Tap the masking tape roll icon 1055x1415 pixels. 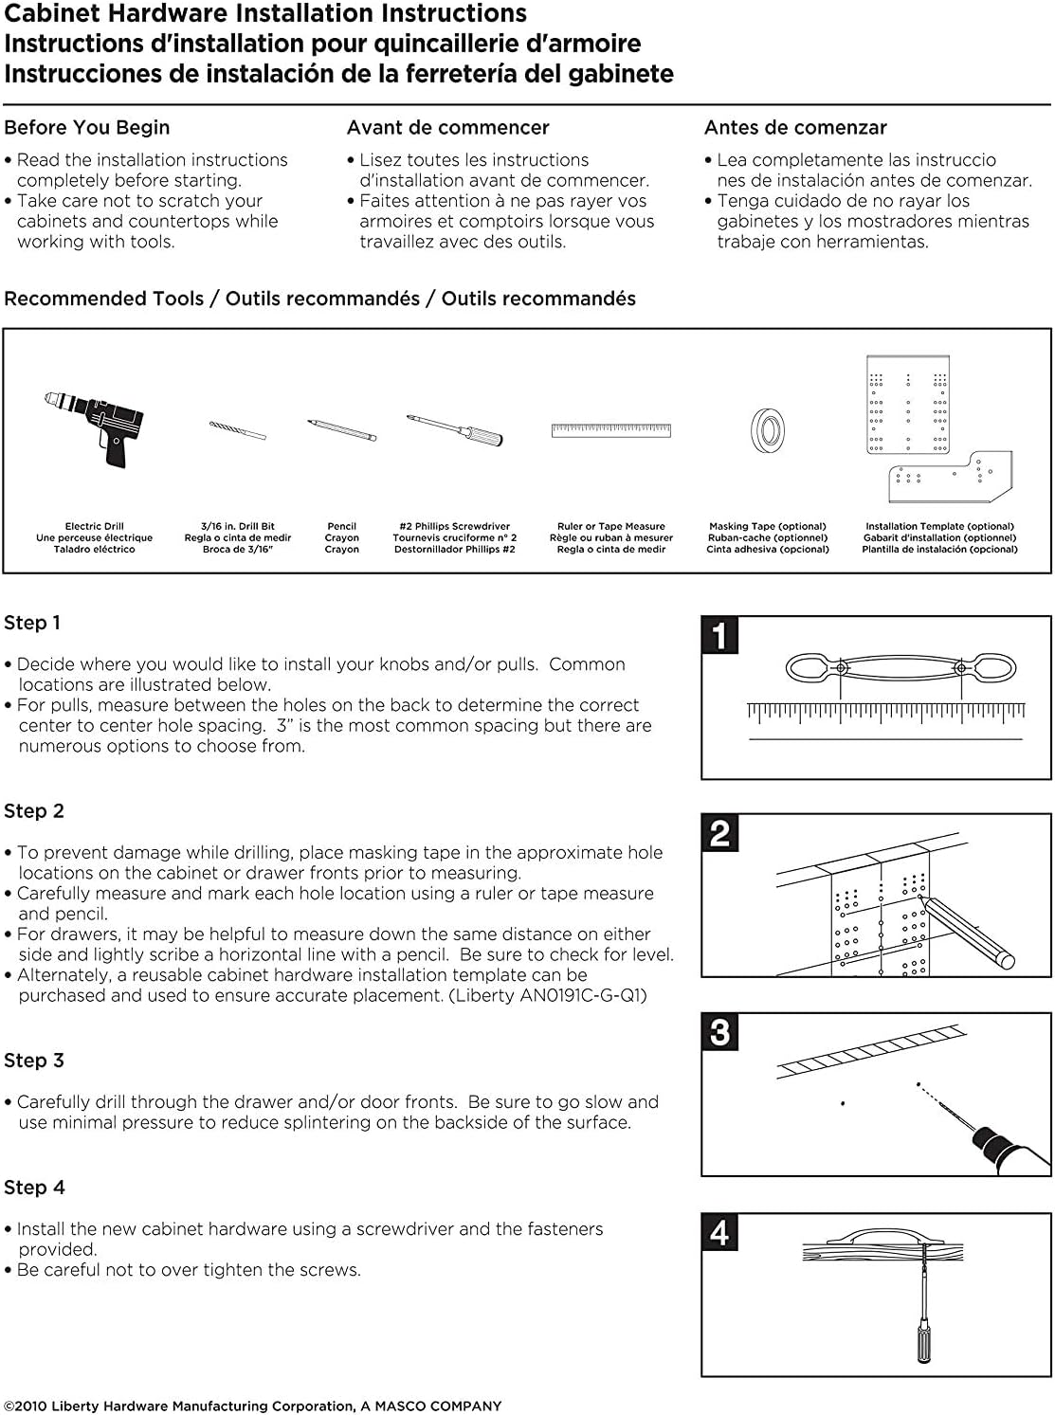pyautogui.click(x=767, y=430)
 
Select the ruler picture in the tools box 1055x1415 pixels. pyautogui.click(x=611, y=430)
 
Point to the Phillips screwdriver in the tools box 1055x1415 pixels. pyautogui.click(x=455, y=429)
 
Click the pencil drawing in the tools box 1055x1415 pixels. pyautogui.click(x=341, y=429)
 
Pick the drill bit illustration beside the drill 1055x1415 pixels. pyautogui.click(x=238, y=430)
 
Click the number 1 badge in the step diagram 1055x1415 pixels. pyautogui.click(x=719, y=636)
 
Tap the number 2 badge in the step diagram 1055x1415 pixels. pyautogui.click(x=719, y=833)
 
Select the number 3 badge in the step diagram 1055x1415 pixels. pyautogui.click(x=719, y=1032)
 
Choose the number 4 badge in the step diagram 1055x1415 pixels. pyautogui.click(x=719, y=1232)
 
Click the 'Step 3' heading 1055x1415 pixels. pyautogui.click(x=34, y=1061)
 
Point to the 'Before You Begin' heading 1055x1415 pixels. pyautogui.click(x=87, y=128)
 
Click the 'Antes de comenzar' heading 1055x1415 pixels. pyautogui.click(x=795, y=128)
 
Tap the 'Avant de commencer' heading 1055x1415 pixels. pyautogui.click(x=447, y=128)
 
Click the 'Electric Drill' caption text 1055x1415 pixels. pyautogui.click(x=94, y=526)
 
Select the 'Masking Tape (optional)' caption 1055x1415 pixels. pyautogui.click(x=768, y=526)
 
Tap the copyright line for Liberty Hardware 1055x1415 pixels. pyautogui.click(x=253, y=1406)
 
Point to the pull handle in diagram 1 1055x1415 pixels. pyautogui.click(x=900, y=668)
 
